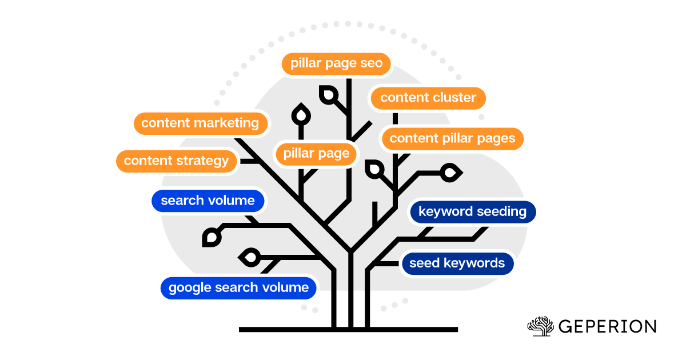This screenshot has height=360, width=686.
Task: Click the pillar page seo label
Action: tap(336, 63)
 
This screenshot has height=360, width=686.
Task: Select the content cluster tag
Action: tap(428, 98)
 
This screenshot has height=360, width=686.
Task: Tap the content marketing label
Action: tap(200, 123)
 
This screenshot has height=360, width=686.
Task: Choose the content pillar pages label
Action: tap(452, 138)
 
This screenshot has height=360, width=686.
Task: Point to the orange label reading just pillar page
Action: tap(316, 154)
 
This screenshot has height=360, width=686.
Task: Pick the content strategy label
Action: tap(176, 161)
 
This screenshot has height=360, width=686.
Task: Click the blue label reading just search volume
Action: tap(208, 201)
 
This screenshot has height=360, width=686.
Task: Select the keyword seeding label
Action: tap(472, 212)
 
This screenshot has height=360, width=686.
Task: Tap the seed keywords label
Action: tap(457, 263)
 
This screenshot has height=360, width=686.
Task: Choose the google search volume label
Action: tap(238, 287)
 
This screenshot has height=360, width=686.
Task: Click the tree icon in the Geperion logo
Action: tap(540, 326)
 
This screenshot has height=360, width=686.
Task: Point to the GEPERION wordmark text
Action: tap(607, 327)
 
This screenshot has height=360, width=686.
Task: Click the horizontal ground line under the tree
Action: tap(348, 330)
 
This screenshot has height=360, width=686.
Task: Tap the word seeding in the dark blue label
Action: tap(498, 212)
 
